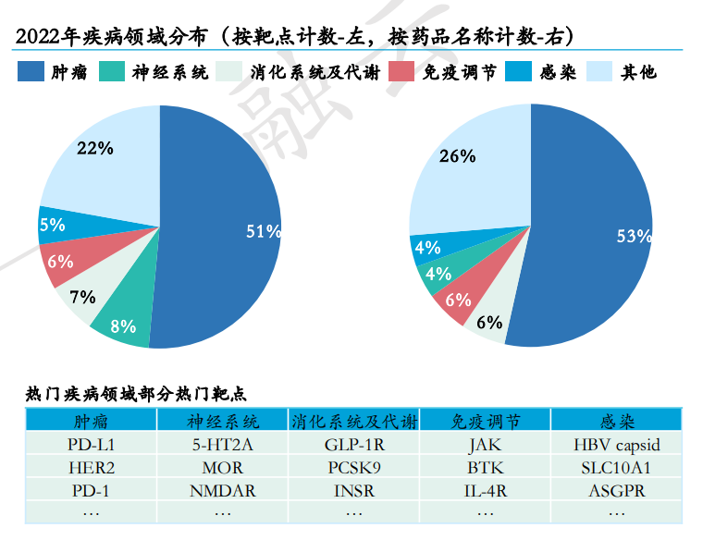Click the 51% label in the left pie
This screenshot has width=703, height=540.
(263, 231)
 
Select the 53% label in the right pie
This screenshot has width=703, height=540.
(635, 236)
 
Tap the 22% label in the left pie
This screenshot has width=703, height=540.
(95, 148)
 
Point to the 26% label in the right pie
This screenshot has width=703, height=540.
(457, 156)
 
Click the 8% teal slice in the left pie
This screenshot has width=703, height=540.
(123, 325)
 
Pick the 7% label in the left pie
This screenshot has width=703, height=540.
(82, 297)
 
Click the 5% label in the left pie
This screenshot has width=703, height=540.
(52, 224)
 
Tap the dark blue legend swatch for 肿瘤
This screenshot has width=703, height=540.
(31, 71)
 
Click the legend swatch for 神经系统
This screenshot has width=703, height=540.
(112, 71)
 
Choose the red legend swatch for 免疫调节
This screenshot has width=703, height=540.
(402, 71)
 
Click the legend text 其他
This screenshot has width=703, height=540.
(639, 71)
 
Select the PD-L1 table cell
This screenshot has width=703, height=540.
(91, 445)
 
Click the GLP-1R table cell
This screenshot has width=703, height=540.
(353, 445)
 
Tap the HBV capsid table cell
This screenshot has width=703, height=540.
(617, 445)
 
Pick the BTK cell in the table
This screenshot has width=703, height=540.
(485, 468)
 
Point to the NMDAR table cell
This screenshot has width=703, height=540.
(222, 491)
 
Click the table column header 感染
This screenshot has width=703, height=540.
(617, 422)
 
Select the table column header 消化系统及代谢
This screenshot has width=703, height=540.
(353, 422)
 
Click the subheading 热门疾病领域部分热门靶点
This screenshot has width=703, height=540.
(135, 393)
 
